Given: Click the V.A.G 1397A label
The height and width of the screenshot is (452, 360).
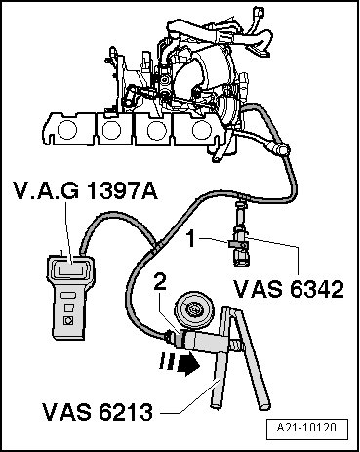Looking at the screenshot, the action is pos(85,190).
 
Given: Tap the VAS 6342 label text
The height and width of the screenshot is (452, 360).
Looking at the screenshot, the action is pos(289,289).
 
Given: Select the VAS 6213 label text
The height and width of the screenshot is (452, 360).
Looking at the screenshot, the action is pos(98,412).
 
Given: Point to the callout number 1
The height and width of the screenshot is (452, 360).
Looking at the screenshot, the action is pos(191,239).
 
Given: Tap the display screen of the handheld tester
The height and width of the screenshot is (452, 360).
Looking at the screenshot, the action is pos(70,269).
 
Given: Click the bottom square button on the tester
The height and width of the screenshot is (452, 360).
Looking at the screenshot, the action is pos(68,321).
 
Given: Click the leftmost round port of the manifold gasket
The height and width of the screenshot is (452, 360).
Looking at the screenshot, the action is pos(67,130).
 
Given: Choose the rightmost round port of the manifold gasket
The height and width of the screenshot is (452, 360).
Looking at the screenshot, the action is pos(202,130).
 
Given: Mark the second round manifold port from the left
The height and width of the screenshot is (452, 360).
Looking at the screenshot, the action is pos(112,130).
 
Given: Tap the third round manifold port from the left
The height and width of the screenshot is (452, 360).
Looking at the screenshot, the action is pos(157,130).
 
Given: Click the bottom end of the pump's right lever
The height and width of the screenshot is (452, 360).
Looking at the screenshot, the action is pos(264,405).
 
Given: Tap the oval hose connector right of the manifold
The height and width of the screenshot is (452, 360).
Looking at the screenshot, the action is pos(280,149).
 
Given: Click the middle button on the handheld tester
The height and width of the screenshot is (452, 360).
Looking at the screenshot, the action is pos(69,308).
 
